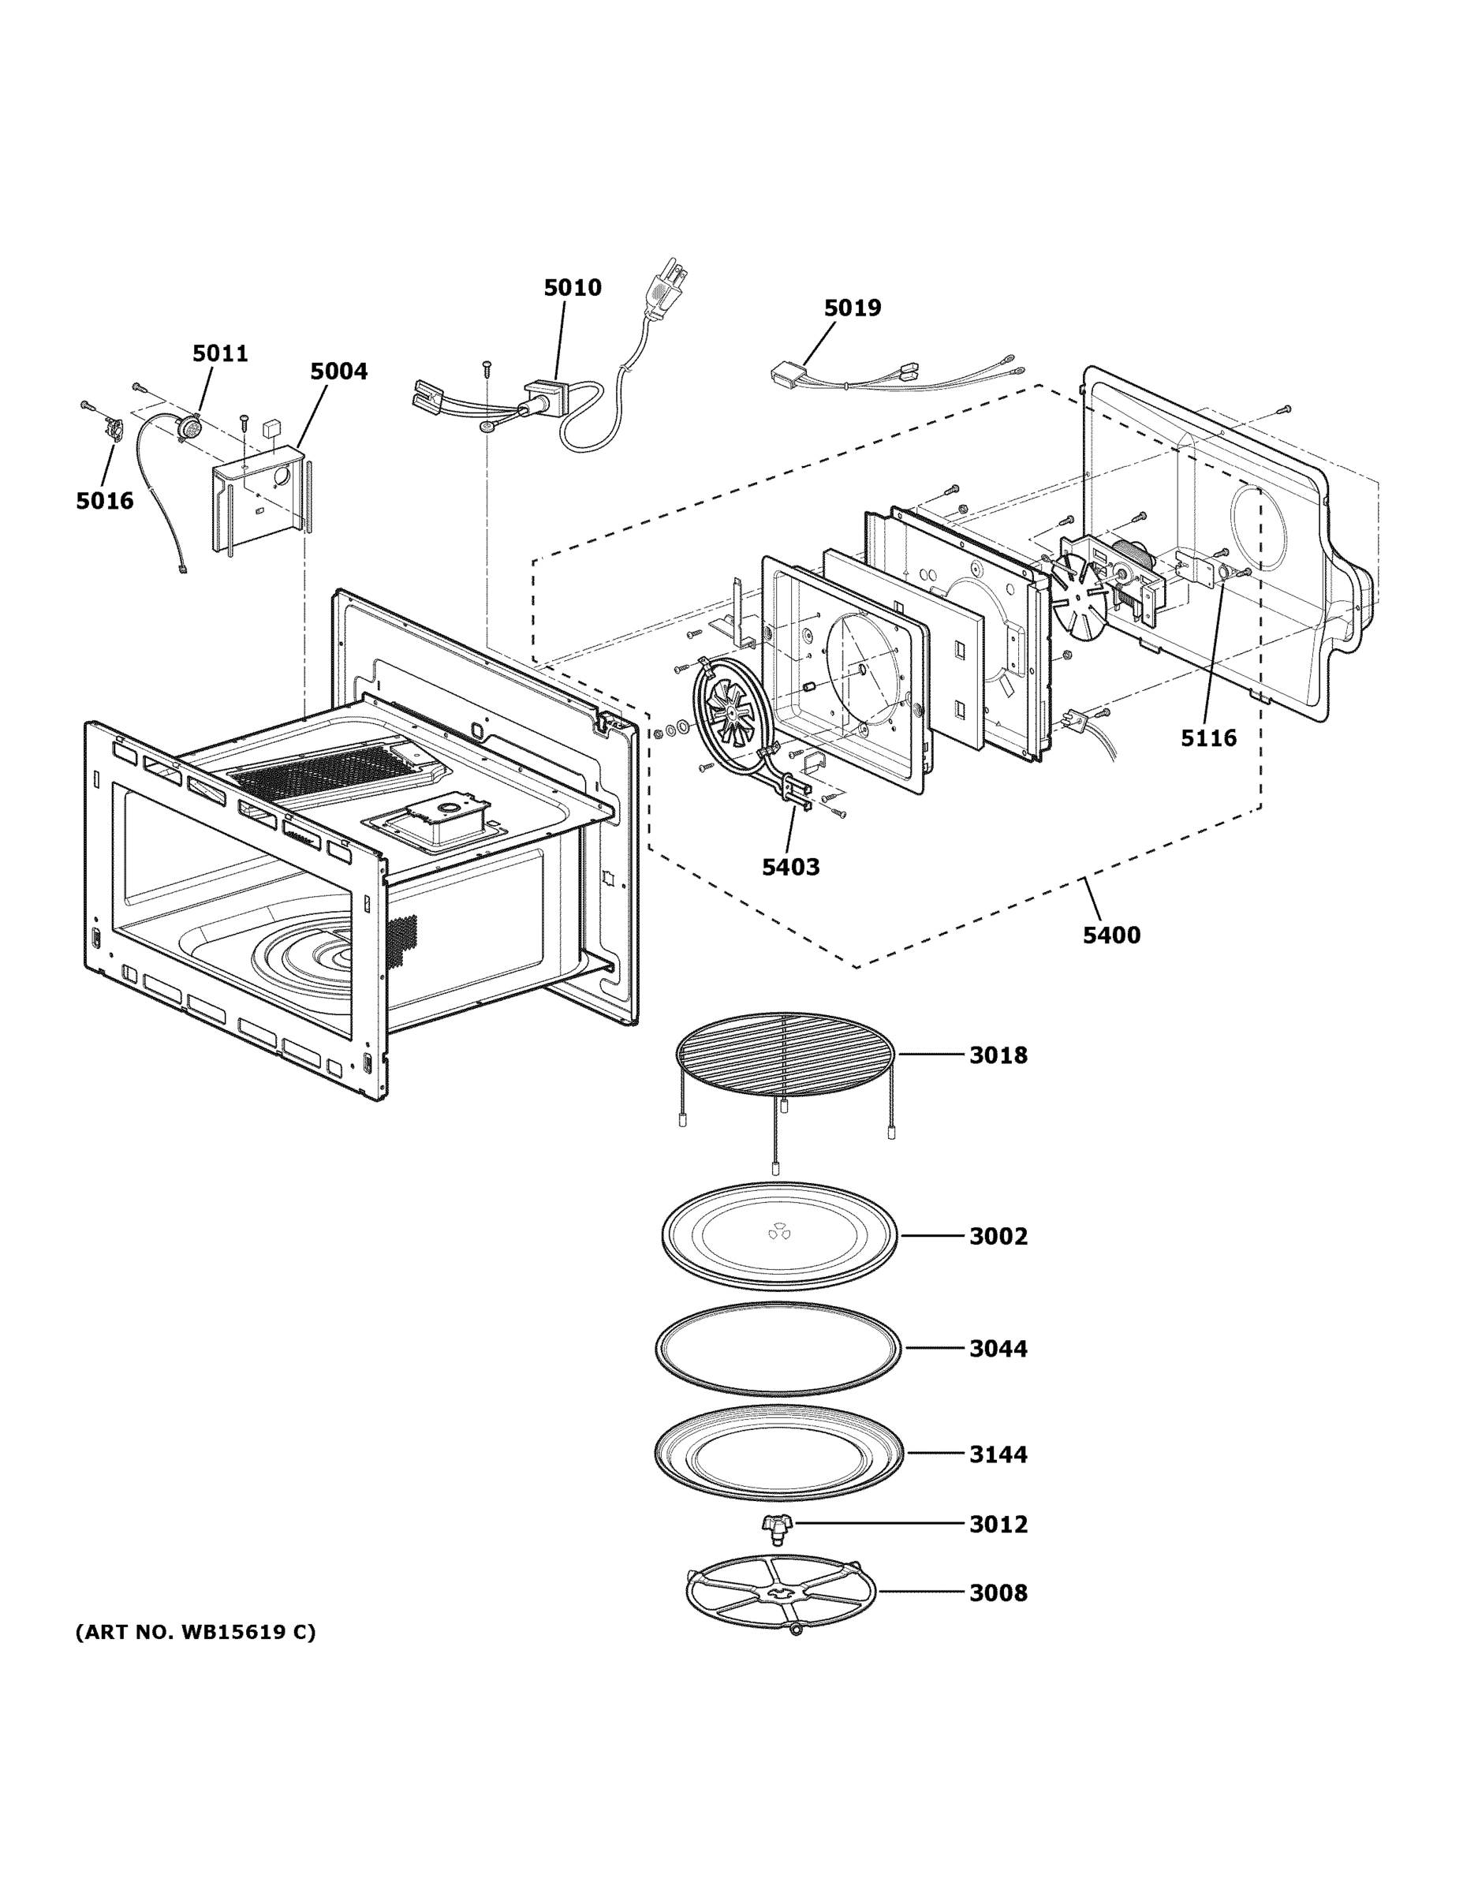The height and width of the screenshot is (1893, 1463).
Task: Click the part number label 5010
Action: pyautogui.click(x=572, y=288)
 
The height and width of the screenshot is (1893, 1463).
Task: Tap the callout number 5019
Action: pyautogui.click(x=852, y=308)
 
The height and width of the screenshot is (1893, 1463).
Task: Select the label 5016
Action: pyautogui.click(x=104, y=501)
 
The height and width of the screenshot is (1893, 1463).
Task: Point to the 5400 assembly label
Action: pyautogui.click(x=1111, y=935)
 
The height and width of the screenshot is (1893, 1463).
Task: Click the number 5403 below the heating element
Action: pyautogui.click(x=790, y=867)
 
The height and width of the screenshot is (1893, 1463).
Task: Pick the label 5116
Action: pyautogui.click(x=1208, y=738)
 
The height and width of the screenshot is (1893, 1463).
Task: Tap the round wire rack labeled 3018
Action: pyautogui.click(x=785, y=1053)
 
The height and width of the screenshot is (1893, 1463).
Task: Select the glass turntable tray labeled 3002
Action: pyautogui.click(x=779, y=1235)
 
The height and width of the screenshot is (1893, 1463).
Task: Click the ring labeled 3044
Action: pyautogui.click(x=778, y=1350)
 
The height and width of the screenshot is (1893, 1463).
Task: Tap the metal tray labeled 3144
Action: pyautogui.click(x=778, y=1454)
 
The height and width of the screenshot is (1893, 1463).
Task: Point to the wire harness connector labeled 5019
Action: pyautogui.click(x=789, y=375)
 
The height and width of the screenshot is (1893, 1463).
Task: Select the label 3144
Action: pyautogui.click(x=998, y=1454)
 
